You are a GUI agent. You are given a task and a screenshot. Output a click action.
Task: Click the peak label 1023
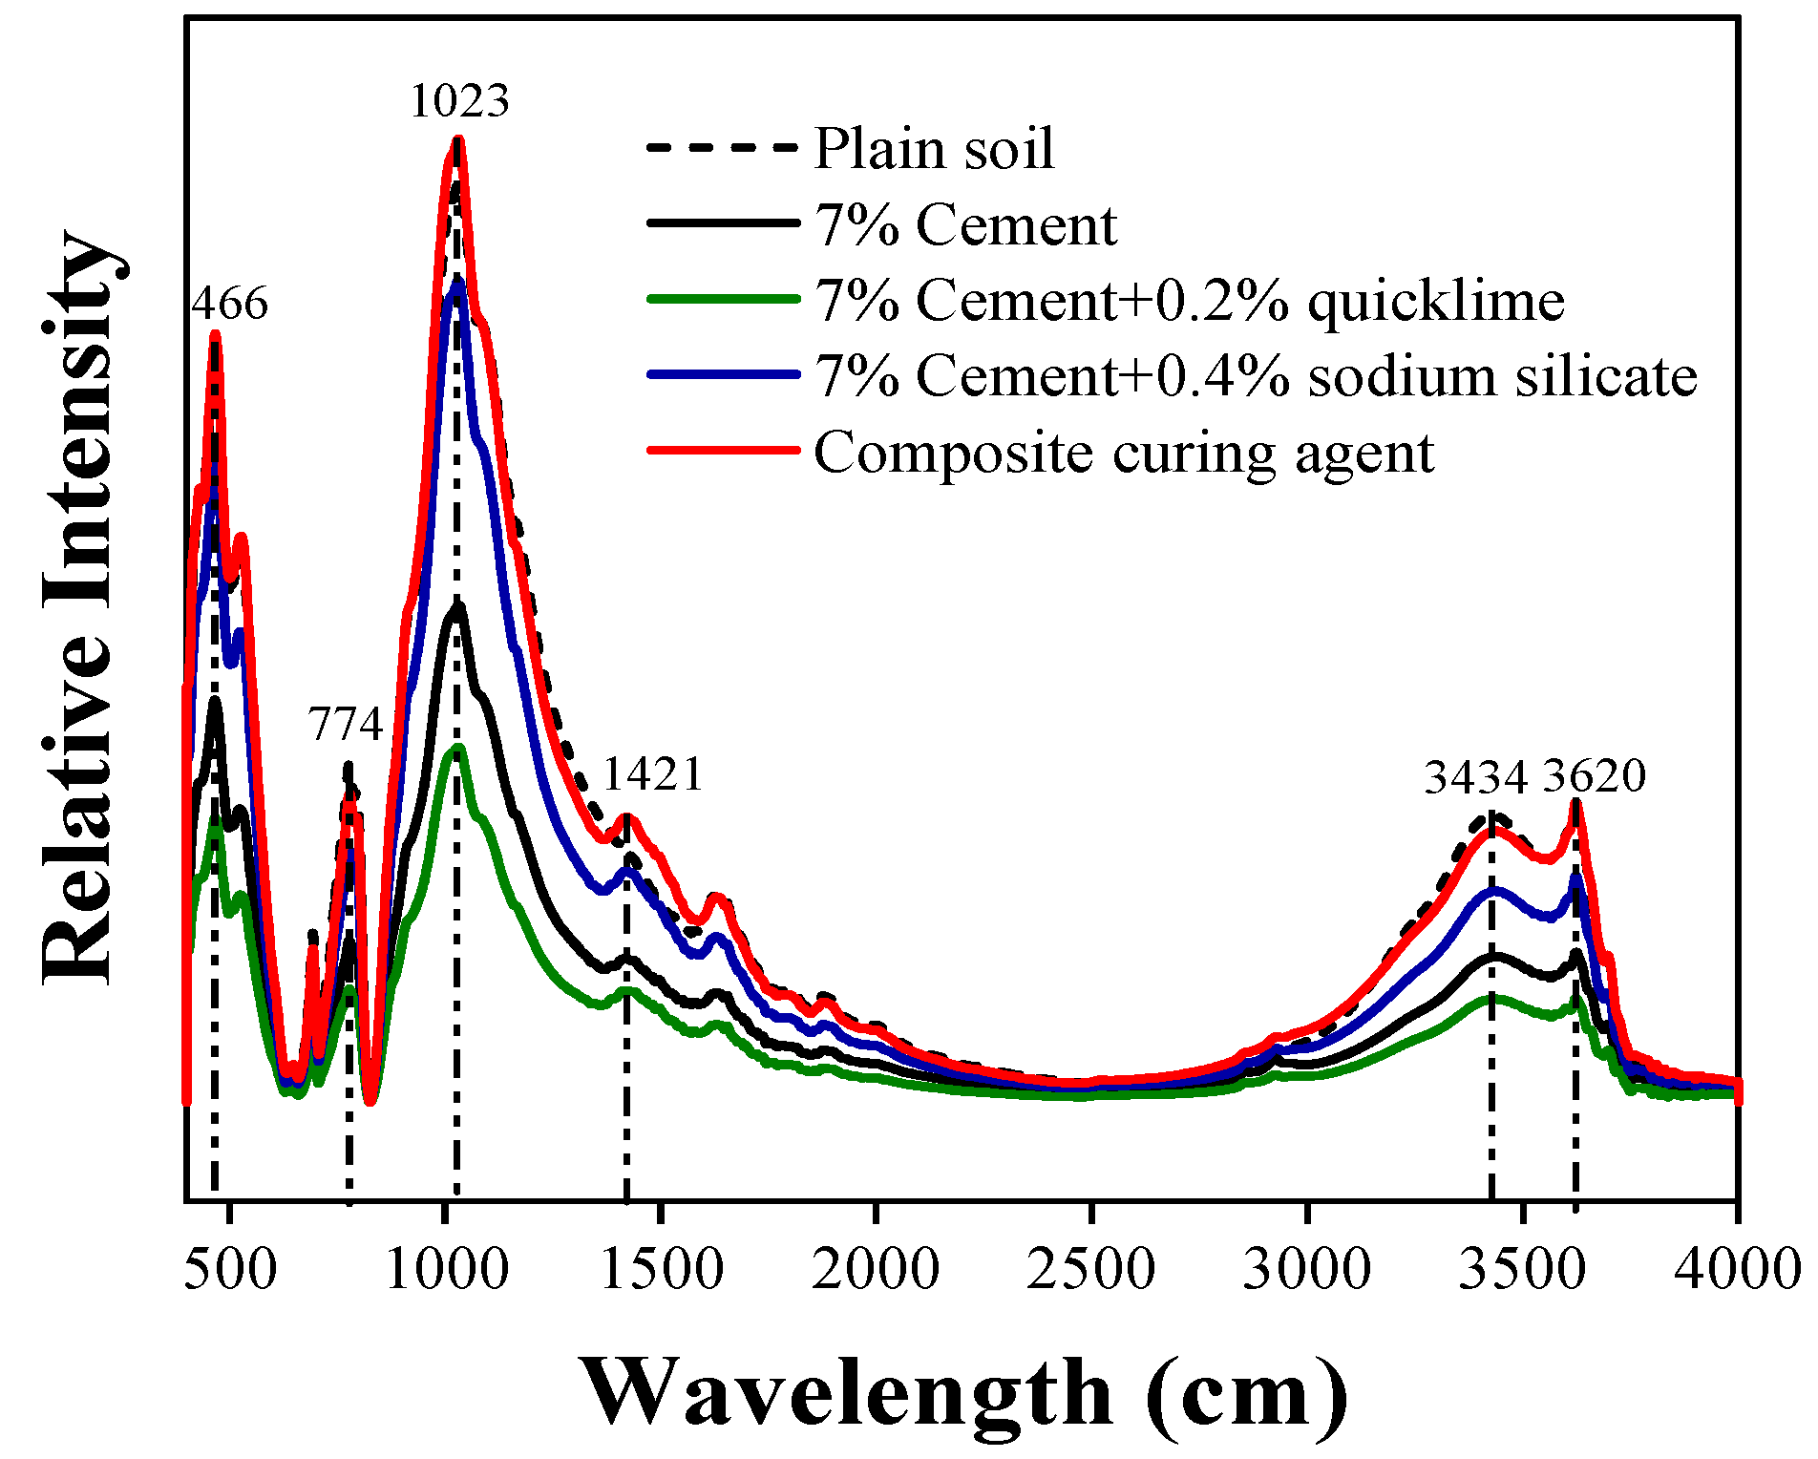(x=459, y=101)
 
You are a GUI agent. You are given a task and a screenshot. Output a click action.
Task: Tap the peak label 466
(x=229, y=305)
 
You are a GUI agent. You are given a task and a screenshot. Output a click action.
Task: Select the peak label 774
(x=345, y=725)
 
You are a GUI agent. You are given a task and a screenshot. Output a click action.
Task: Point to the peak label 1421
(x=653, y=774)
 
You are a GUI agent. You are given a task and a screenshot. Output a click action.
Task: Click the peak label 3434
(x=1475, y=777)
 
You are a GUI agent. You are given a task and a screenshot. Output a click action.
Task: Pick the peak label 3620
(x=1595, y=776)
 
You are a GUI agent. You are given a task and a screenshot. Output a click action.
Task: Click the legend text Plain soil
(x=934, y=149)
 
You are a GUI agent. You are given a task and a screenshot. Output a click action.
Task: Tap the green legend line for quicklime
(x=723, y=300)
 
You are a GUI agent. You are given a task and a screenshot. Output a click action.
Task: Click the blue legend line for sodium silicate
(x=723, y=375)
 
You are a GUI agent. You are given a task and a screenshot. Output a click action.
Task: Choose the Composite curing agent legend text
(x=1123, y=453)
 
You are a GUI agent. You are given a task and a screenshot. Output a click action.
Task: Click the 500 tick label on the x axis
(x=229, y=1271)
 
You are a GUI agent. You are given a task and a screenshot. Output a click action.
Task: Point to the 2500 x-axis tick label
(x=1090, y=1271)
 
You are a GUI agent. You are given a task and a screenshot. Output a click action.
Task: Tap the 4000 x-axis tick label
(x=1736, y=1271)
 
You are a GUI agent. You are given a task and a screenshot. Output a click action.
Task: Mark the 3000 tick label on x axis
(x=1306, y=1271)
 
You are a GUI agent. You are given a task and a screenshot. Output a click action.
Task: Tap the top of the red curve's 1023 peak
(x=457, y=140)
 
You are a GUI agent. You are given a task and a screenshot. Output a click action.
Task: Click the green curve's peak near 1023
(x=458, y=748)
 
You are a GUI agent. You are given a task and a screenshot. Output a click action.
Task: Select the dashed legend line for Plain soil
(x=723, y=148)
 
